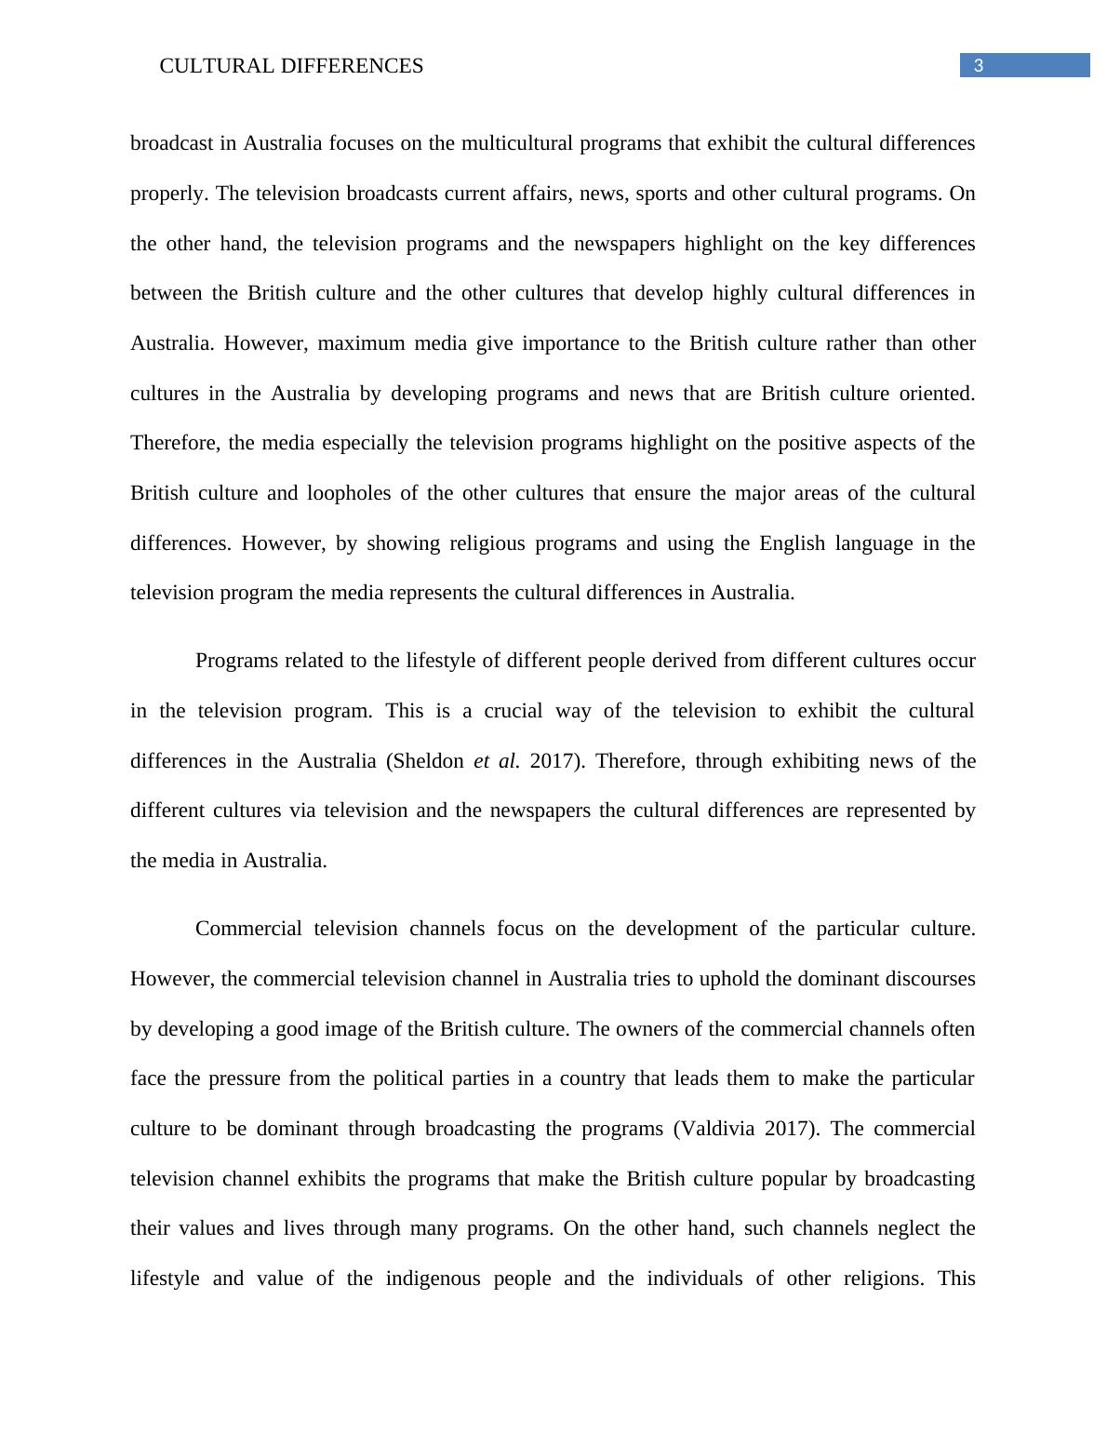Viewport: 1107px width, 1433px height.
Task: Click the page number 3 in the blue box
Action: tap(979, 65)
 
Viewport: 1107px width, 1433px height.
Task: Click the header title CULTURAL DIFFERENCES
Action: tap(291, 66)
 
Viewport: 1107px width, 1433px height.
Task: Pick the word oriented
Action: tap(936, 394)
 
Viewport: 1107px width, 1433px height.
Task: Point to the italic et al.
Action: tap(496, 761)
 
